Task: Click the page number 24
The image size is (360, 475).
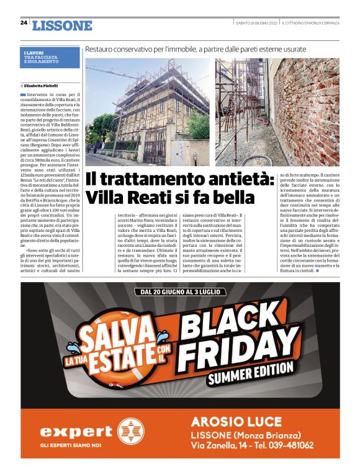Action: (23, 24)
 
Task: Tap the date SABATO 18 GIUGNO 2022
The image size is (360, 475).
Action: (256, 23)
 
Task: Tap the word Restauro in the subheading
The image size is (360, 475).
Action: (102, 48)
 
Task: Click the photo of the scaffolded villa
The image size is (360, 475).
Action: (147, 112)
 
